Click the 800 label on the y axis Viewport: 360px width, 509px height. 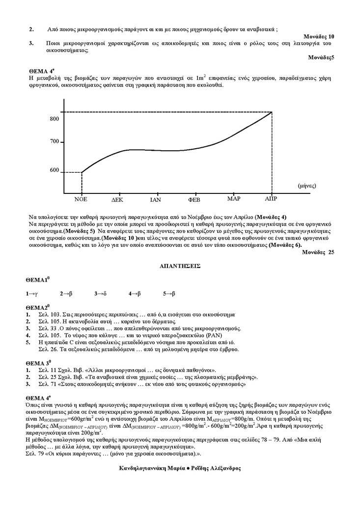pos(54,119)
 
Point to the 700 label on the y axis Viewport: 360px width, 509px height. pos(54,142)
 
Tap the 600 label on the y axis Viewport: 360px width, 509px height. pos(54,170)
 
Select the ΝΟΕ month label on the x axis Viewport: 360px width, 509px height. pos(81,200)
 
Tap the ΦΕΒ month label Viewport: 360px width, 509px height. pos(195,200)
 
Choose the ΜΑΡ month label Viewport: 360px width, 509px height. pos(234,199)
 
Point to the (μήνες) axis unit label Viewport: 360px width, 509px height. pos(306,186)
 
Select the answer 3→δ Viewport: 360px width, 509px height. pos(100,294)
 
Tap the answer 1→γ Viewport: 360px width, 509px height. pos(32,294)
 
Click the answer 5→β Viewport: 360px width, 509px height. pos(169,294)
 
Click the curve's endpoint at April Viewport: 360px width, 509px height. pos(272,112)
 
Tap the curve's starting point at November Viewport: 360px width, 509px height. pos(82,172)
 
